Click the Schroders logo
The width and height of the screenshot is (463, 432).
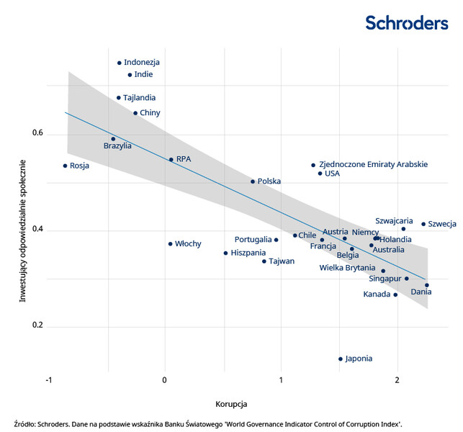point(406,22)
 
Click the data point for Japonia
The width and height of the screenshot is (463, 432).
point(341,359)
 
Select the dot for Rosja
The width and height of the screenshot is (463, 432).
point(65,166)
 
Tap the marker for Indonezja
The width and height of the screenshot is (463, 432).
point(120,63)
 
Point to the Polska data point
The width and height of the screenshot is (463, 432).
point(253,181)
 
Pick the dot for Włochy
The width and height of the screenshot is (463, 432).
point(170,244)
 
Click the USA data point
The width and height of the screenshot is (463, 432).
point(320,174)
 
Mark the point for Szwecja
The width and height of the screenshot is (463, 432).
point(423,224)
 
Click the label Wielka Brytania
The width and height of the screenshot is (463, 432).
point(348,268)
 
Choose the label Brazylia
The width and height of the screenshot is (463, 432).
point(117,146)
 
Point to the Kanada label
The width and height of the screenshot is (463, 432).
point(377,294)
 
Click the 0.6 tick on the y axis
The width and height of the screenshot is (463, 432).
point(37,134)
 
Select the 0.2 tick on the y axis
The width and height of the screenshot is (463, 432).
point(37,326)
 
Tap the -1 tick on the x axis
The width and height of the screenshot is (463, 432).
point(48,380)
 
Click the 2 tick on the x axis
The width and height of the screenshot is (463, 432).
point(397,380)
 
